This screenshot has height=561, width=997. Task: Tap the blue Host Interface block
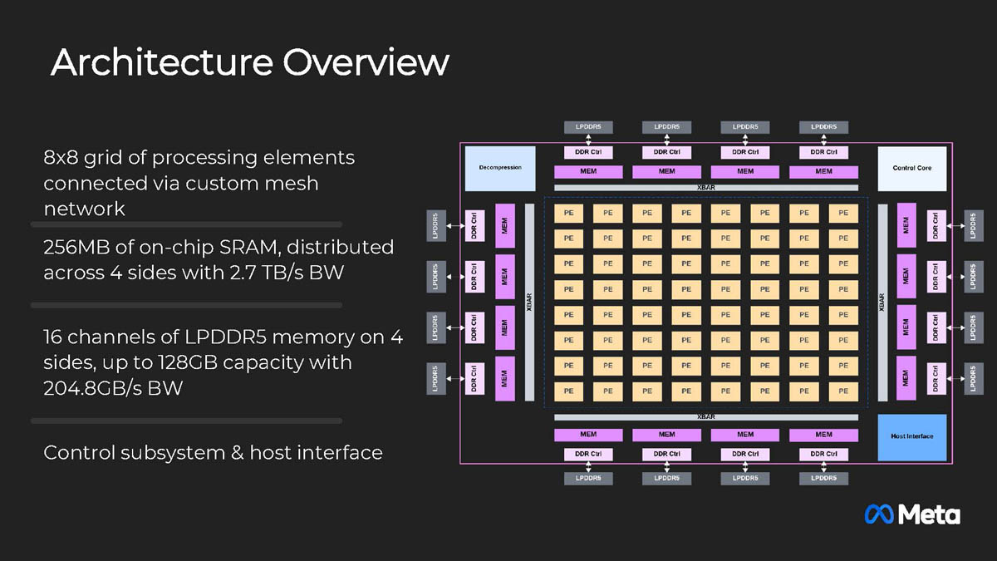[x=911, y=437]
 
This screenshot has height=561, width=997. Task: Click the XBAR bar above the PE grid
[x=705, y=188]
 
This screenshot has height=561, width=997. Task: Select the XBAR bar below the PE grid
[x=705, y=416]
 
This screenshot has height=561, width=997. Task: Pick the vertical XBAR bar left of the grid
[x=529, y=303]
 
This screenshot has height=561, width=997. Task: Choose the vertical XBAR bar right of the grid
[x=882, y=303]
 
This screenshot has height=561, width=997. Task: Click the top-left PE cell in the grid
[x=568, y=213]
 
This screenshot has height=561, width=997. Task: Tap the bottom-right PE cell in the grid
[x=842, y=391]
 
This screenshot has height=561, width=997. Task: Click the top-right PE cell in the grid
[x=842, y=213]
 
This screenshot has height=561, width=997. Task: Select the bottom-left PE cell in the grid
[x=568, y=391]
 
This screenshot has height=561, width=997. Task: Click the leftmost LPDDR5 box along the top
[x=588, y=127]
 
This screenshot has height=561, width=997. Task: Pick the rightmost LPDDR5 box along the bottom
[x=823, y=479]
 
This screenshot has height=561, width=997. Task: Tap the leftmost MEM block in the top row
[x=588, y=172]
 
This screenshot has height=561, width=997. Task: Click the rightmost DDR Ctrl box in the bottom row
[x=823, y=455]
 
